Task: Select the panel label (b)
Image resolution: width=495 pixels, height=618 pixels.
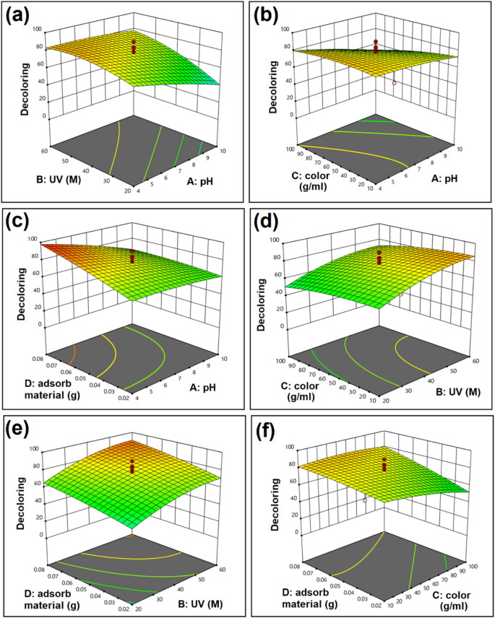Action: [x=268, y=17]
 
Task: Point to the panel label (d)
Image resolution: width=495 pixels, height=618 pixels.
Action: [x=268, y=222]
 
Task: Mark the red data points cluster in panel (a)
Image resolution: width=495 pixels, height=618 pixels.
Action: [x=133, y=46]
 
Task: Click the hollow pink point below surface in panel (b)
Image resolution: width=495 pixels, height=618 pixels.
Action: [x=395, y=83]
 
